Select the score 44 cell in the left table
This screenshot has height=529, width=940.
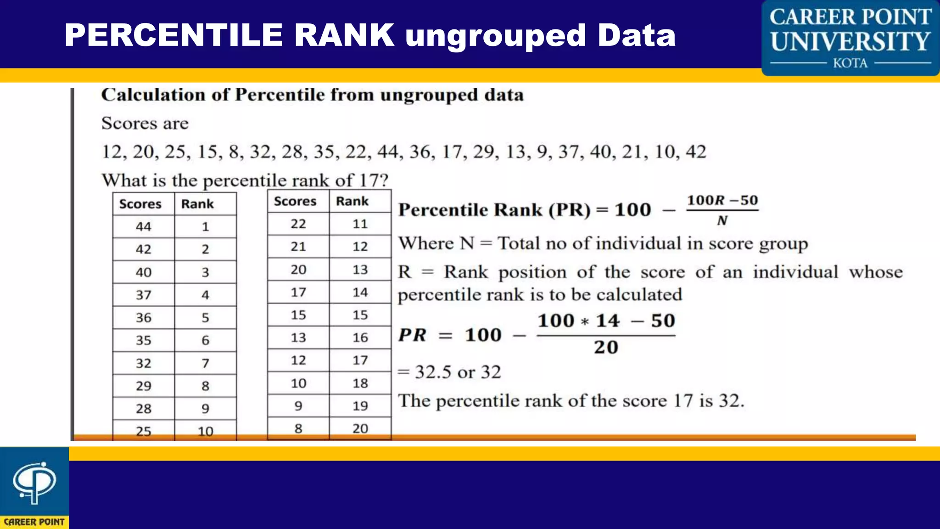point(143,226)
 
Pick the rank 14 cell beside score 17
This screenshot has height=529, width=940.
point(360,292)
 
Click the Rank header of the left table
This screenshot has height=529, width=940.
point(197,204)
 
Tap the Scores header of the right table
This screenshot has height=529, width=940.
point(295,201)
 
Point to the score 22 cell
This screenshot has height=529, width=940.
point(298,224)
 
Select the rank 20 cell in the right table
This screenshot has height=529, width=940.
point(360,428)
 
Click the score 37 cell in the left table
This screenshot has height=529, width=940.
point(143,295)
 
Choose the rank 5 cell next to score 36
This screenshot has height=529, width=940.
point(205,318)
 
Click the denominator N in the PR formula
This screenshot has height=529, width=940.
point(722,221)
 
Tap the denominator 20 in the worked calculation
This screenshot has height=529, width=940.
point(606,348)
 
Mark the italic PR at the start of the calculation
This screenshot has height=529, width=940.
point(412,335)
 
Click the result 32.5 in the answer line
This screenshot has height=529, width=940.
point(433,372)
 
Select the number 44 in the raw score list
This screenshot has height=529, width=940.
point(387,152)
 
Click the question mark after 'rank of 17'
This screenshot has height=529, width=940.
point(384,180)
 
